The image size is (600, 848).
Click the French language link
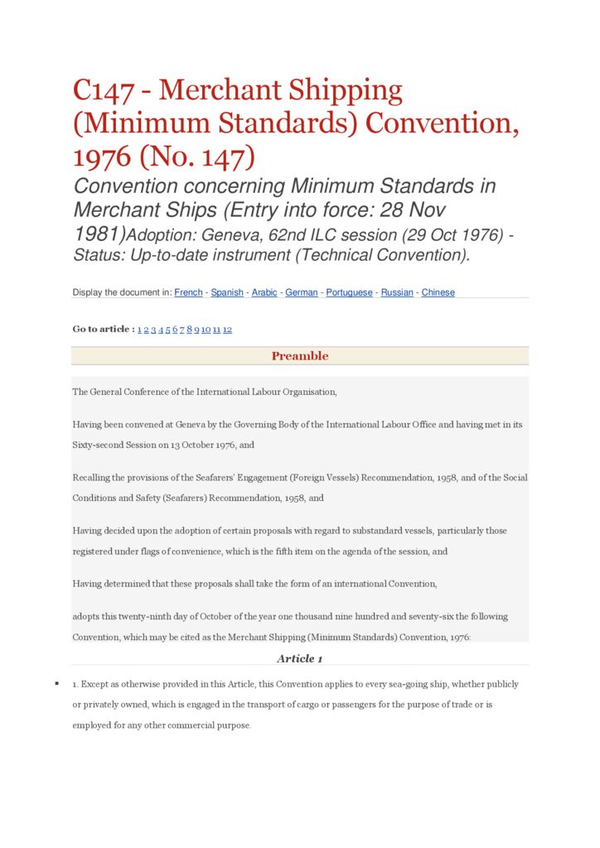pyautogui.click(x=188, y=292)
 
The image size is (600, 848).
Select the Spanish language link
pyautogui.click(x=227, y=292)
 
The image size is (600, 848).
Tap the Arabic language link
pyautogui.click(x=264, y=292)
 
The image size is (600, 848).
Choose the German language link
pyautogui.click(x=302, y=292)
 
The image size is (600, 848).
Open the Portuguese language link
pyautogui.click(x=349, y=292)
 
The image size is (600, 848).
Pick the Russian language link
pyautogui.click(x=397, y=292)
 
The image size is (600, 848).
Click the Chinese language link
pyautogui.click(x=438, y=292)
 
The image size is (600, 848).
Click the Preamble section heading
pyautogui.click(x=300, y=356)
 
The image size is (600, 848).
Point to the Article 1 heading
pyautogui.click(x=300, y=658)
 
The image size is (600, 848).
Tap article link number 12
pyautogui.click(x=227, y=330)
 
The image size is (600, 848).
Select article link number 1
pyautogui.click(x=139, y=330)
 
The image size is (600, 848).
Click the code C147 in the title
pyautogui.click(x=104, y=89)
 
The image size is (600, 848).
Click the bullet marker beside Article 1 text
pyautogui.click(x=56, y=683)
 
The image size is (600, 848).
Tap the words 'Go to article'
pyautogui.click(x=101, y=330)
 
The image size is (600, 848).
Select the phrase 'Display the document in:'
pyautogui.click(x=122, y=292)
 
